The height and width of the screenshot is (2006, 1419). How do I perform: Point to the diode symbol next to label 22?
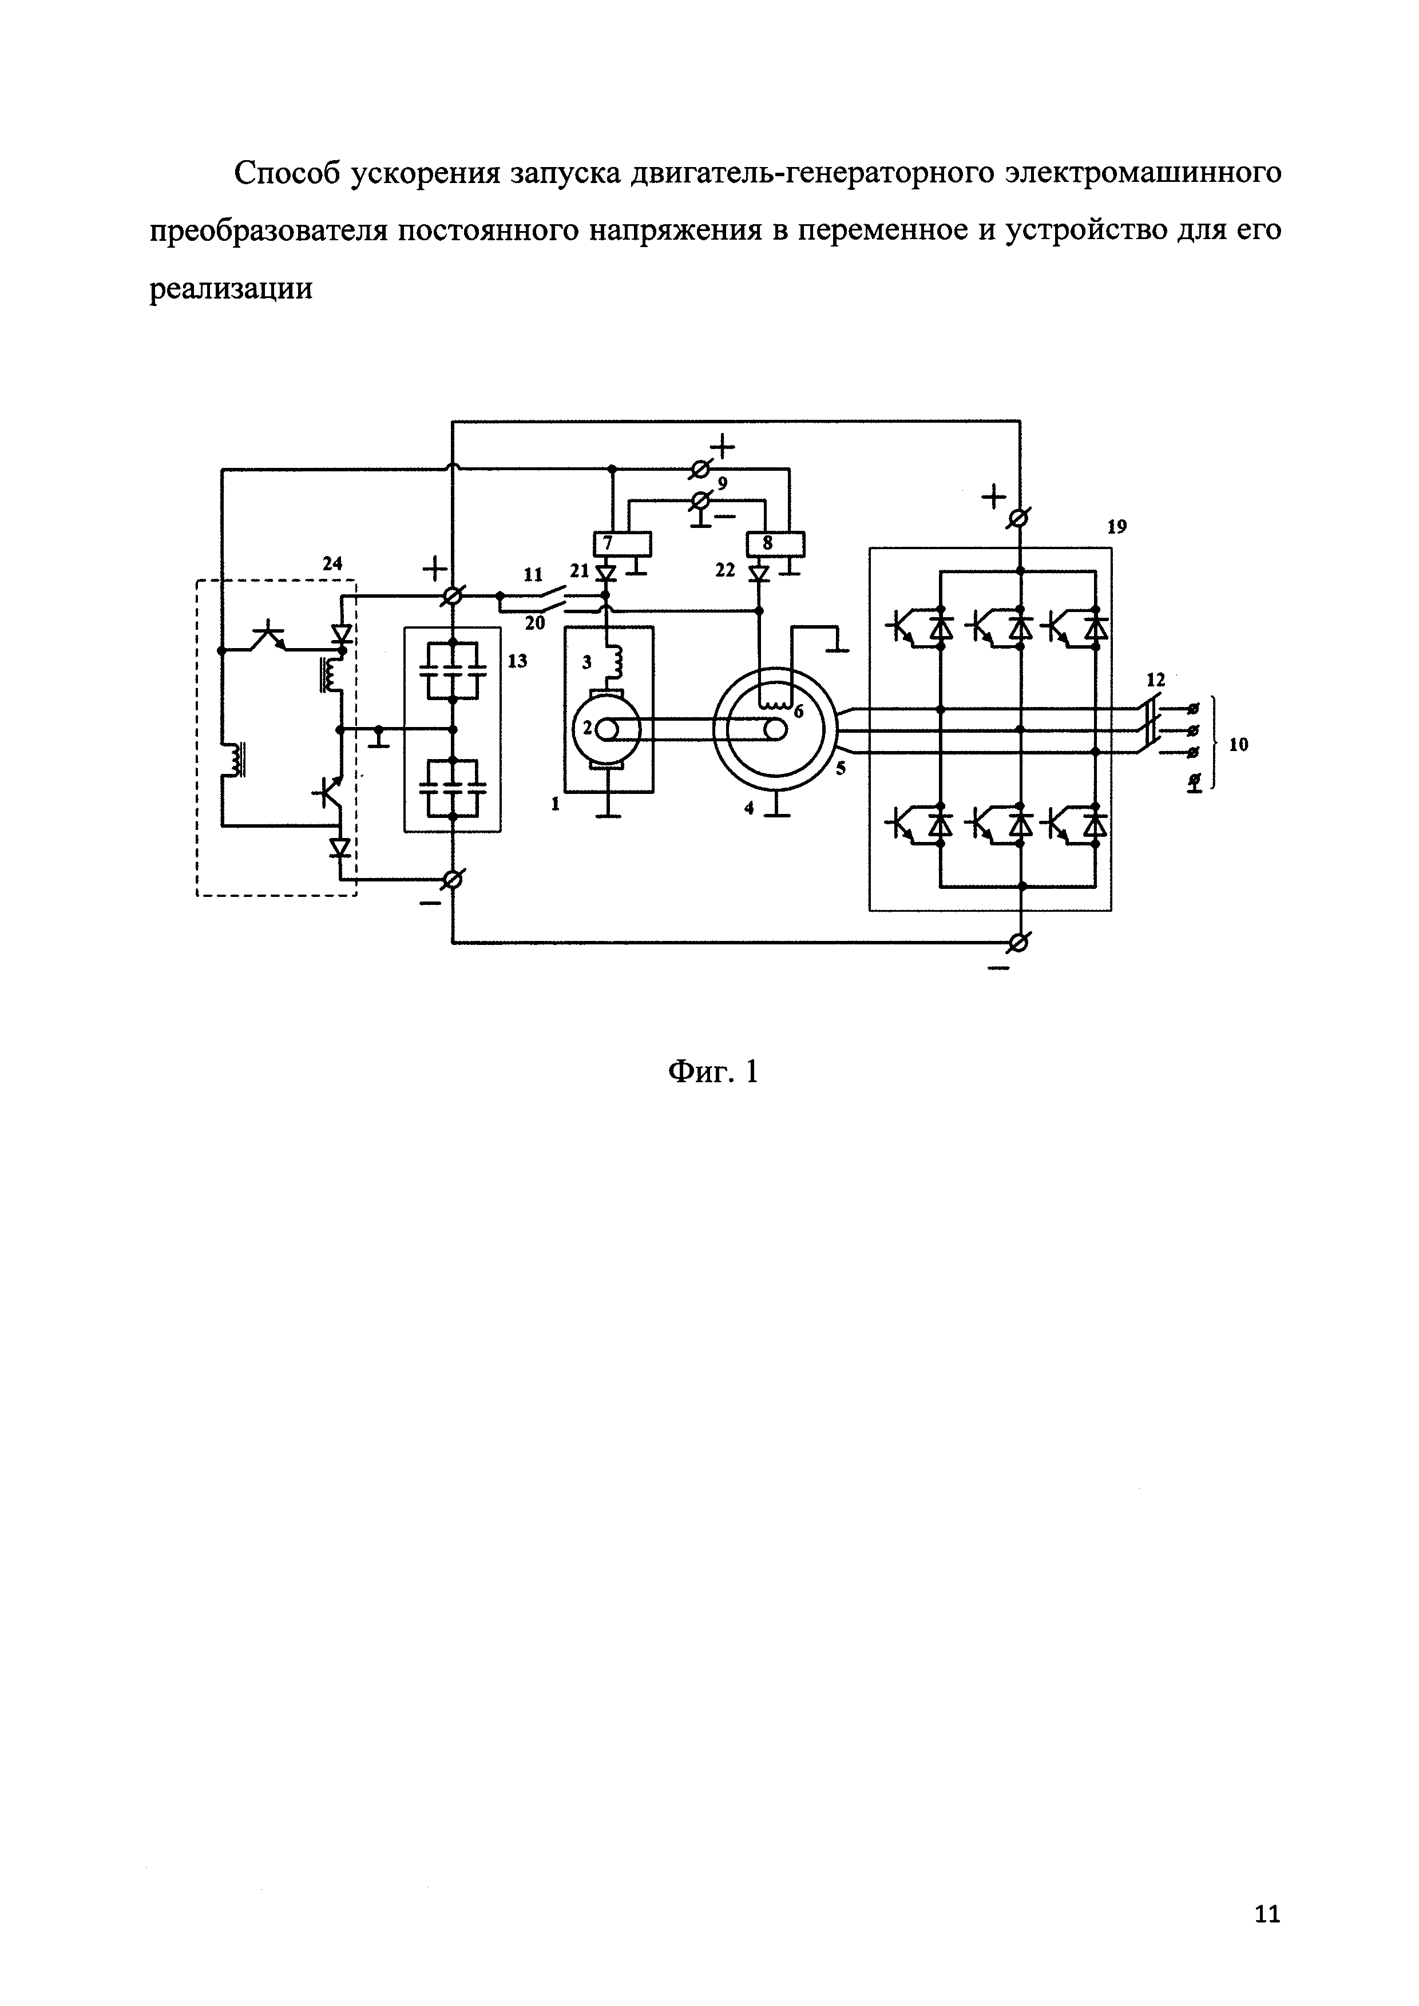coord(759,573)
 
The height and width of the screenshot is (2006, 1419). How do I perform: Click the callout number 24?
coord(332,565)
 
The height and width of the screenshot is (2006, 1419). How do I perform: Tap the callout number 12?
coord(1156,679)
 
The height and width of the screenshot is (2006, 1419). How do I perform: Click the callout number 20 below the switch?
coord(535,622)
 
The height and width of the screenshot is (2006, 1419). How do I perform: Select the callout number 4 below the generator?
coord(749,808)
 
